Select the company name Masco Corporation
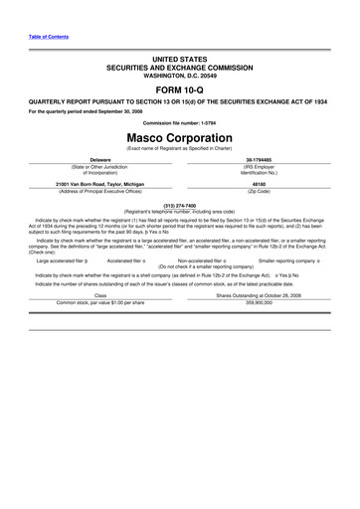179,136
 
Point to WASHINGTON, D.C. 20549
179,74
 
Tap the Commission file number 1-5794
179,122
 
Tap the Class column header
100,294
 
